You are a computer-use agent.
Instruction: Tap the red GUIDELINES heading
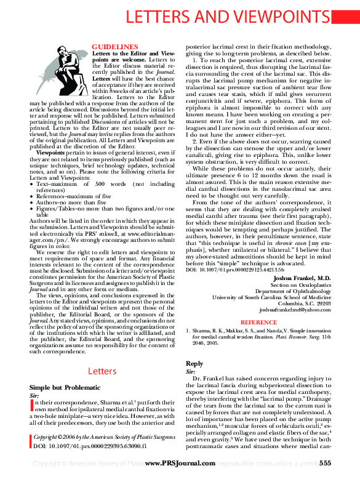pyautogui.click(x=114, y=47)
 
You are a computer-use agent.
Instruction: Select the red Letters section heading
pyautogui.click(x=102, y=371)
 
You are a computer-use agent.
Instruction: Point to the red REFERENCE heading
pyautogui.click(x=258, y=322)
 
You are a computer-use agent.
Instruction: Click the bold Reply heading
pyautogui.click(x=194, y=364)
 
